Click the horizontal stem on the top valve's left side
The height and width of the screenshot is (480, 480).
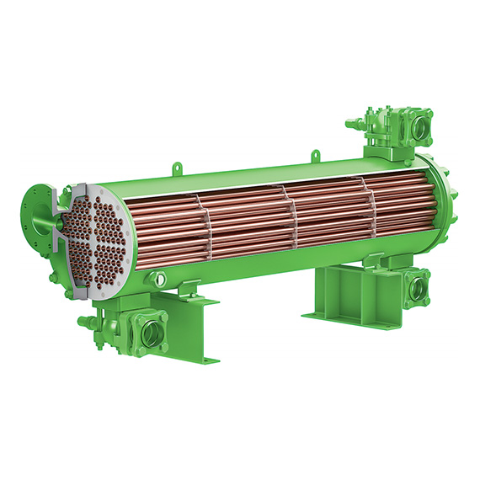[353, 125]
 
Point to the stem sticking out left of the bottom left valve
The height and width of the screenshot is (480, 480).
[85, 321]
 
